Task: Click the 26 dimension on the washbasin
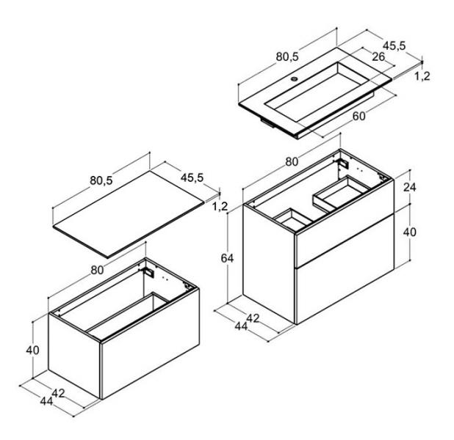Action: coord(378,57)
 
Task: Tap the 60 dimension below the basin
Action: coord(359,116)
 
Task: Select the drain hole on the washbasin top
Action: coord(295,78)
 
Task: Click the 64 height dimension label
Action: coord(227,258)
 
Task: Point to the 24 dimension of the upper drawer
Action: coord(410,187)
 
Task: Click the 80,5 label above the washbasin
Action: coord(287,57)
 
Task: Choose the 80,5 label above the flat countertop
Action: coord(101,180)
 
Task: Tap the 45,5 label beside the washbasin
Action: coord(394,45)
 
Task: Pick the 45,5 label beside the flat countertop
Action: coord(192,177)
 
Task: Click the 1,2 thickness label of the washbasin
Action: coord(422,76)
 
